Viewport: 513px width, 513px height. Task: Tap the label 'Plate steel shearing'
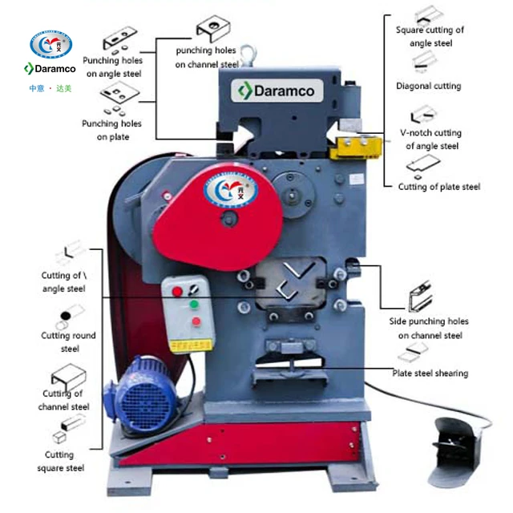[x=430, y=373]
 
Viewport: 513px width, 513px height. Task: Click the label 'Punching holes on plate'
[x=111, y=130]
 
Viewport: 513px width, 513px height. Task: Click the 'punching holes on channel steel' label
[x=207, y=57]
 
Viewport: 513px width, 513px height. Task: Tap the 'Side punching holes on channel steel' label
[x=433, y=328]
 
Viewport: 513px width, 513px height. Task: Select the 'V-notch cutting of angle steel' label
[x=432, y=139]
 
